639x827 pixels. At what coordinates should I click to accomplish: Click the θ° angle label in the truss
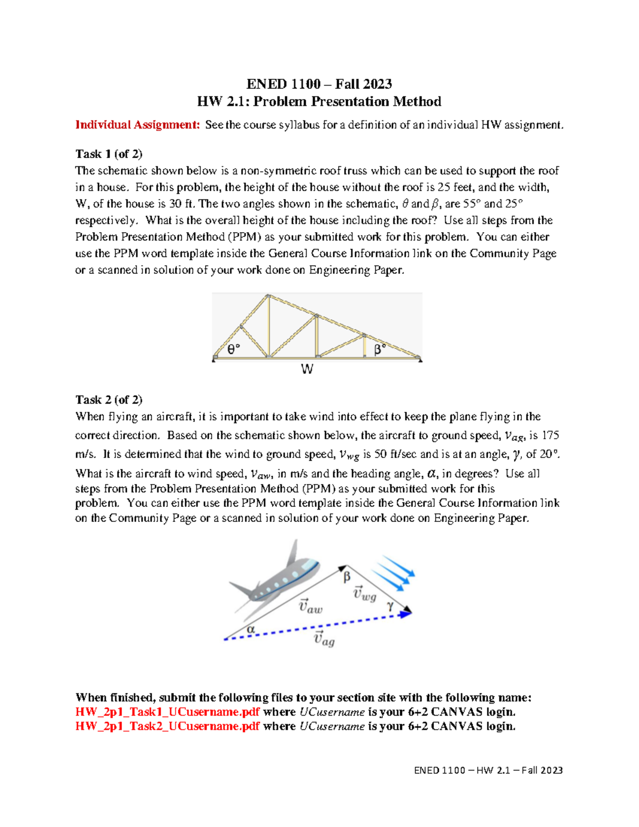[234, 349]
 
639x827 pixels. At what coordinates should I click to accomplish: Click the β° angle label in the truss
[380, 349]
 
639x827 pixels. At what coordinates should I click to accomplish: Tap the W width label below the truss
[307, 369]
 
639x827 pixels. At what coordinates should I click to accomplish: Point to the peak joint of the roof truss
[268, 296]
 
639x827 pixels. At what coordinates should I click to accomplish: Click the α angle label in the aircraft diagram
[251, 629]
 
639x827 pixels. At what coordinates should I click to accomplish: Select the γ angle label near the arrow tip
[390, 605]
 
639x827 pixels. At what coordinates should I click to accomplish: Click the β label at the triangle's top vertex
[347, 577]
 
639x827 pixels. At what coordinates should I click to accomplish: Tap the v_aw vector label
[310, 606]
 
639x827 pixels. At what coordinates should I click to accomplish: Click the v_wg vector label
[365, 594]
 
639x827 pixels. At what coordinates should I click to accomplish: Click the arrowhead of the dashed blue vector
[406, 614]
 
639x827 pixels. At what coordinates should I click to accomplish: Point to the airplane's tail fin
[292, 553]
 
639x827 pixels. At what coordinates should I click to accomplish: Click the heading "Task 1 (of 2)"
[109, 154]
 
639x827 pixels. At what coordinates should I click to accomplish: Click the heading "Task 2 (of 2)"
[109, 399]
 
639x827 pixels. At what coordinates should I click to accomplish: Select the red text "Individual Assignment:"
[137, 125]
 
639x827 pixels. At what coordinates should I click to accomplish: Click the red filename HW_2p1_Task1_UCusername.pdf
[167, 712]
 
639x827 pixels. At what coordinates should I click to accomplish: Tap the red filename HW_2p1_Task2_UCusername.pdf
[167, 726]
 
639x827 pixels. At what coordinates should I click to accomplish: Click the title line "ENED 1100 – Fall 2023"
[319, 84]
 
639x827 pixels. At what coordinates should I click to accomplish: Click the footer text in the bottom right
[488, 770]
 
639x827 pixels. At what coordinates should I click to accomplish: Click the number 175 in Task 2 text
[550, 436]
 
